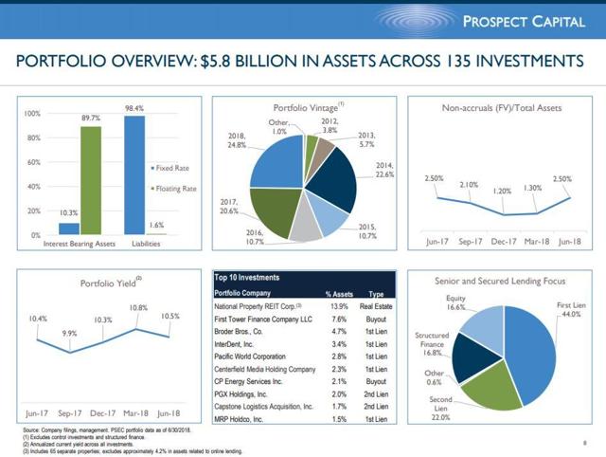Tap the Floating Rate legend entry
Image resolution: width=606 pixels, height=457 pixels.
coord(177,189)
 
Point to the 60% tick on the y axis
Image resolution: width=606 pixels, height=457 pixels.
coord(33,162)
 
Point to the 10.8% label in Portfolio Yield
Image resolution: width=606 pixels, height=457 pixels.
coord(137,308)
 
